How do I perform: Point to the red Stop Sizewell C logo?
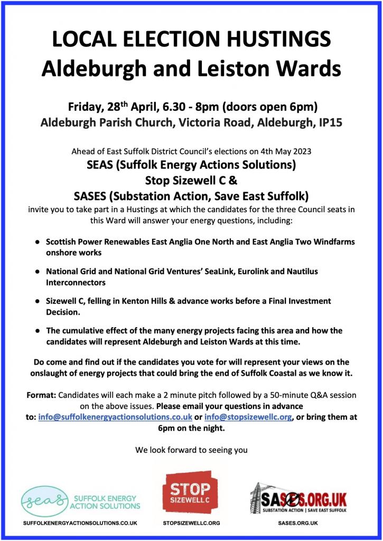pos(191,492)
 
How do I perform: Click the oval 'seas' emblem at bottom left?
pos(44,497)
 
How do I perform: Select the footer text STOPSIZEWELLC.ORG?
pos(192,523)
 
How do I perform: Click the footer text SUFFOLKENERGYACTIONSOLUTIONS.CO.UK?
pos(81,523)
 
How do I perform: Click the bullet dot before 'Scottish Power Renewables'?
pos(38,241)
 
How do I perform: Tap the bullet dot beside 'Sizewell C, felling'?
pos(38,301)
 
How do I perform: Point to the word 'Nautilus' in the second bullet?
pos(303,271)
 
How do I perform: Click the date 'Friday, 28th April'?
pos(104,107)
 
